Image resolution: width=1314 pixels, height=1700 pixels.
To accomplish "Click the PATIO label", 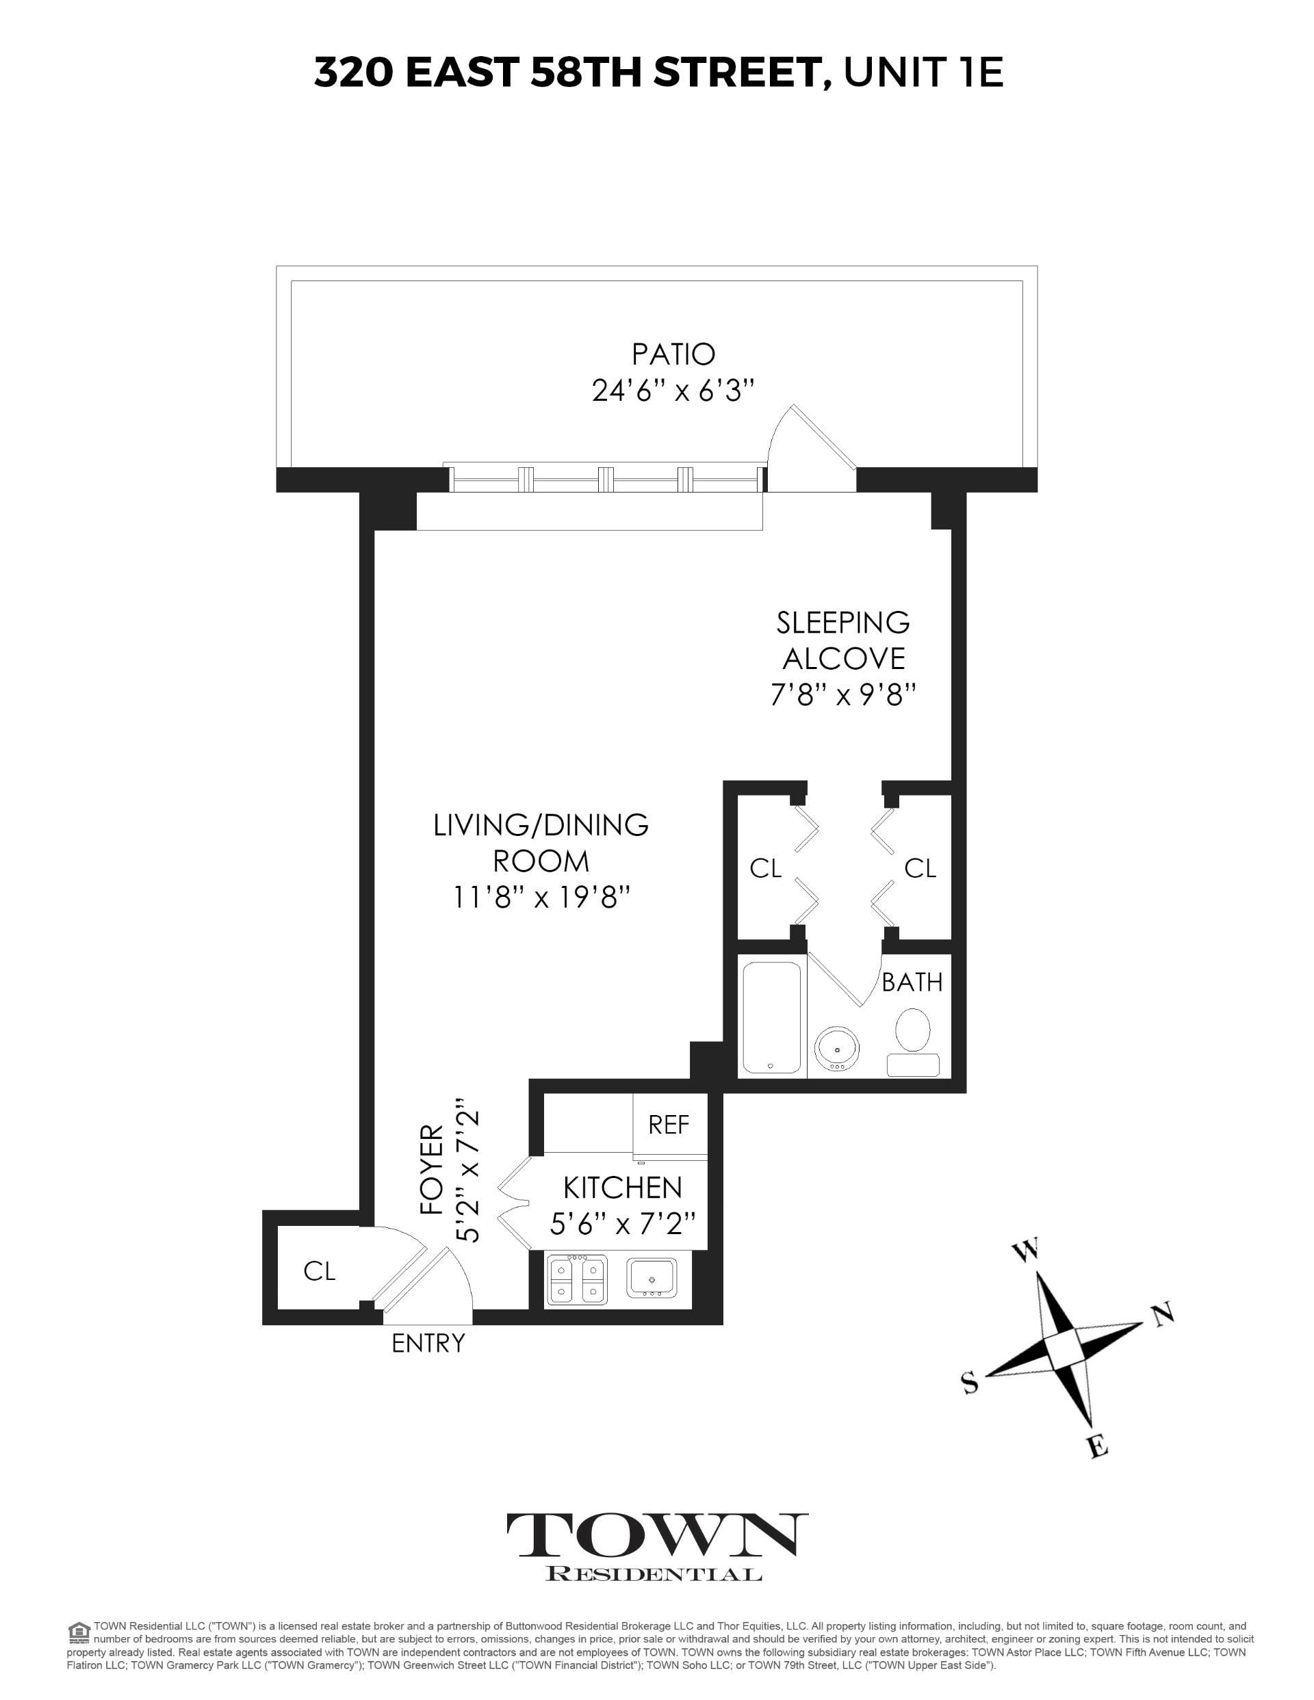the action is [673, 354].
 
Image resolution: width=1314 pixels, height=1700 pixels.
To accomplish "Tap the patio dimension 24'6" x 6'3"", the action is [673, 390].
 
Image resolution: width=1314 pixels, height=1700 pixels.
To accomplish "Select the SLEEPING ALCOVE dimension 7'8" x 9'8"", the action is [842, 694].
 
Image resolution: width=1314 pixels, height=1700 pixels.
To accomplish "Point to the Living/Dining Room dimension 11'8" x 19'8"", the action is [541, 898].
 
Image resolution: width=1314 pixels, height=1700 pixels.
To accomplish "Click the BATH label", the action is [912, 982].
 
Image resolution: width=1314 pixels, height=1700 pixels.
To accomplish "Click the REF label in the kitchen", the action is [669, 1124].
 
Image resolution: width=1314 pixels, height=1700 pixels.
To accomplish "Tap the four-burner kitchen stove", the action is [577, 1280].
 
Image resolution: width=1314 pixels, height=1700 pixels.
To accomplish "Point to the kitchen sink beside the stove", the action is [653, 1277].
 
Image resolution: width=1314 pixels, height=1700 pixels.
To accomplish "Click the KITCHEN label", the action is [622, 1188].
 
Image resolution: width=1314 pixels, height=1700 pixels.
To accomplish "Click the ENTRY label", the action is [428, 1344].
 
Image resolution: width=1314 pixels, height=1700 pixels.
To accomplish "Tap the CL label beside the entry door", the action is [320, 1271].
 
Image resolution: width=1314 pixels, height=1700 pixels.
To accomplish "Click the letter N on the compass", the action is [1162, 1315].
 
